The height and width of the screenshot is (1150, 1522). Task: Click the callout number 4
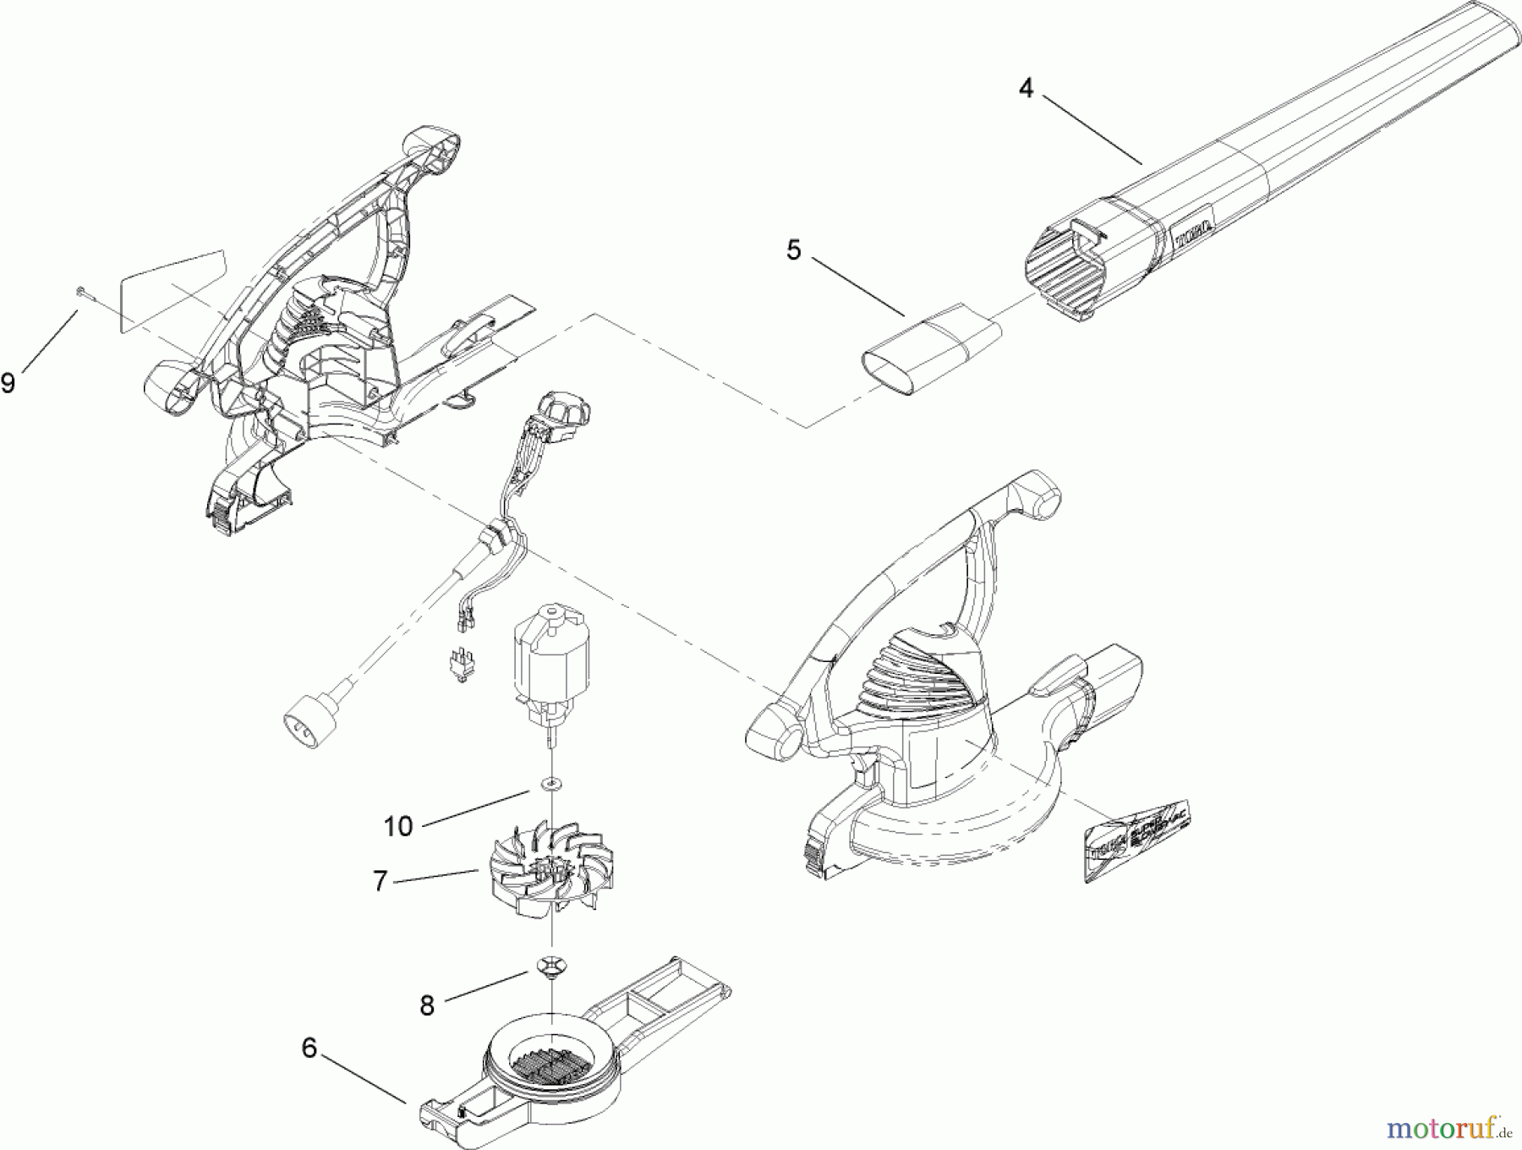(1026, 88)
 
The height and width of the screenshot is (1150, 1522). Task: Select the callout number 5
(792, 251)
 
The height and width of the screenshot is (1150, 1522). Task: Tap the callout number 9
(8, 383)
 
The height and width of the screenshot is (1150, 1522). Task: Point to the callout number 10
(397, 825)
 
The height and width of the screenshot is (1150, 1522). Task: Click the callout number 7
(380, 882)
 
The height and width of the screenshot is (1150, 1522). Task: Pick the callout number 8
(427, 1005)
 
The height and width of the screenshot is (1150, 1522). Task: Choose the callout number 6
(309, 1049)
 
